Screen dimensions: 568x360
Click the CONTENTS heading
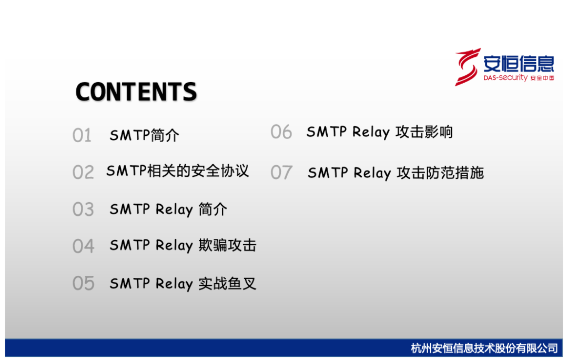click(136, 92)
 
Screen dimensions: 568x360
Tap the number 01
click(82, 135)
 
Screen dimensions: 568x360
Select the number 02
click(83, 172)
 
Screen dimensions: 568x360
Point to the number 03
click(83, 209)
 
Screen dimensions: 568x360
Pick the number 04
click(83, 246)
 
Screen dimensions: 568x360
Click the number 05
click(83, 283)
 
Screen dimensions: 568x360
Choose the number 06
click(281, 132)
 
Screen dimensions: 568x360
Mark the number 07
click(281, 173)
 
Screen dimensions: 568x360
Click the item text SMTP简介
click(144, 135)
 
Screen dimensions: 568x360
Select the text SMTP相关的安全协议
click(178, 171)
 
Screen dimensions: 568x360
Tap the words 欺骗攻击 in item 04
click(228, 245)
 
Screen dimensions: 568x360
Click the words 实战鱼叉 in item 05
click(228, 283)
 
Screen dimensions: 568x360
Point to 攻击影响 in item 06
click(424, 132)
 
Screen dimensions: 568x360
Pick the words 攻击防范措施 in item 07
click(440, 173)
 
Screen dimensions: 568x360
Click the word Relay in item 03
click(174, 209)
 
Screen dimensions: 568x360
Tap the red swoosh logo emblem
click(468, 67)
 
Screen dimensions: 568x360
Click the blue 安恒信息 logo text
click(519, 64)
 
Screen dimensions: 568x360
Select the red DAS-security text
click(505, 77)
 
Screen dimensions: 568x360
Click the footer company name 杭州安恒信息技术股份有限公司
click(484, 348)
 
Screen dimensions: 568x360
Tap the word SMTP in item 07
click(328, 173)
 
